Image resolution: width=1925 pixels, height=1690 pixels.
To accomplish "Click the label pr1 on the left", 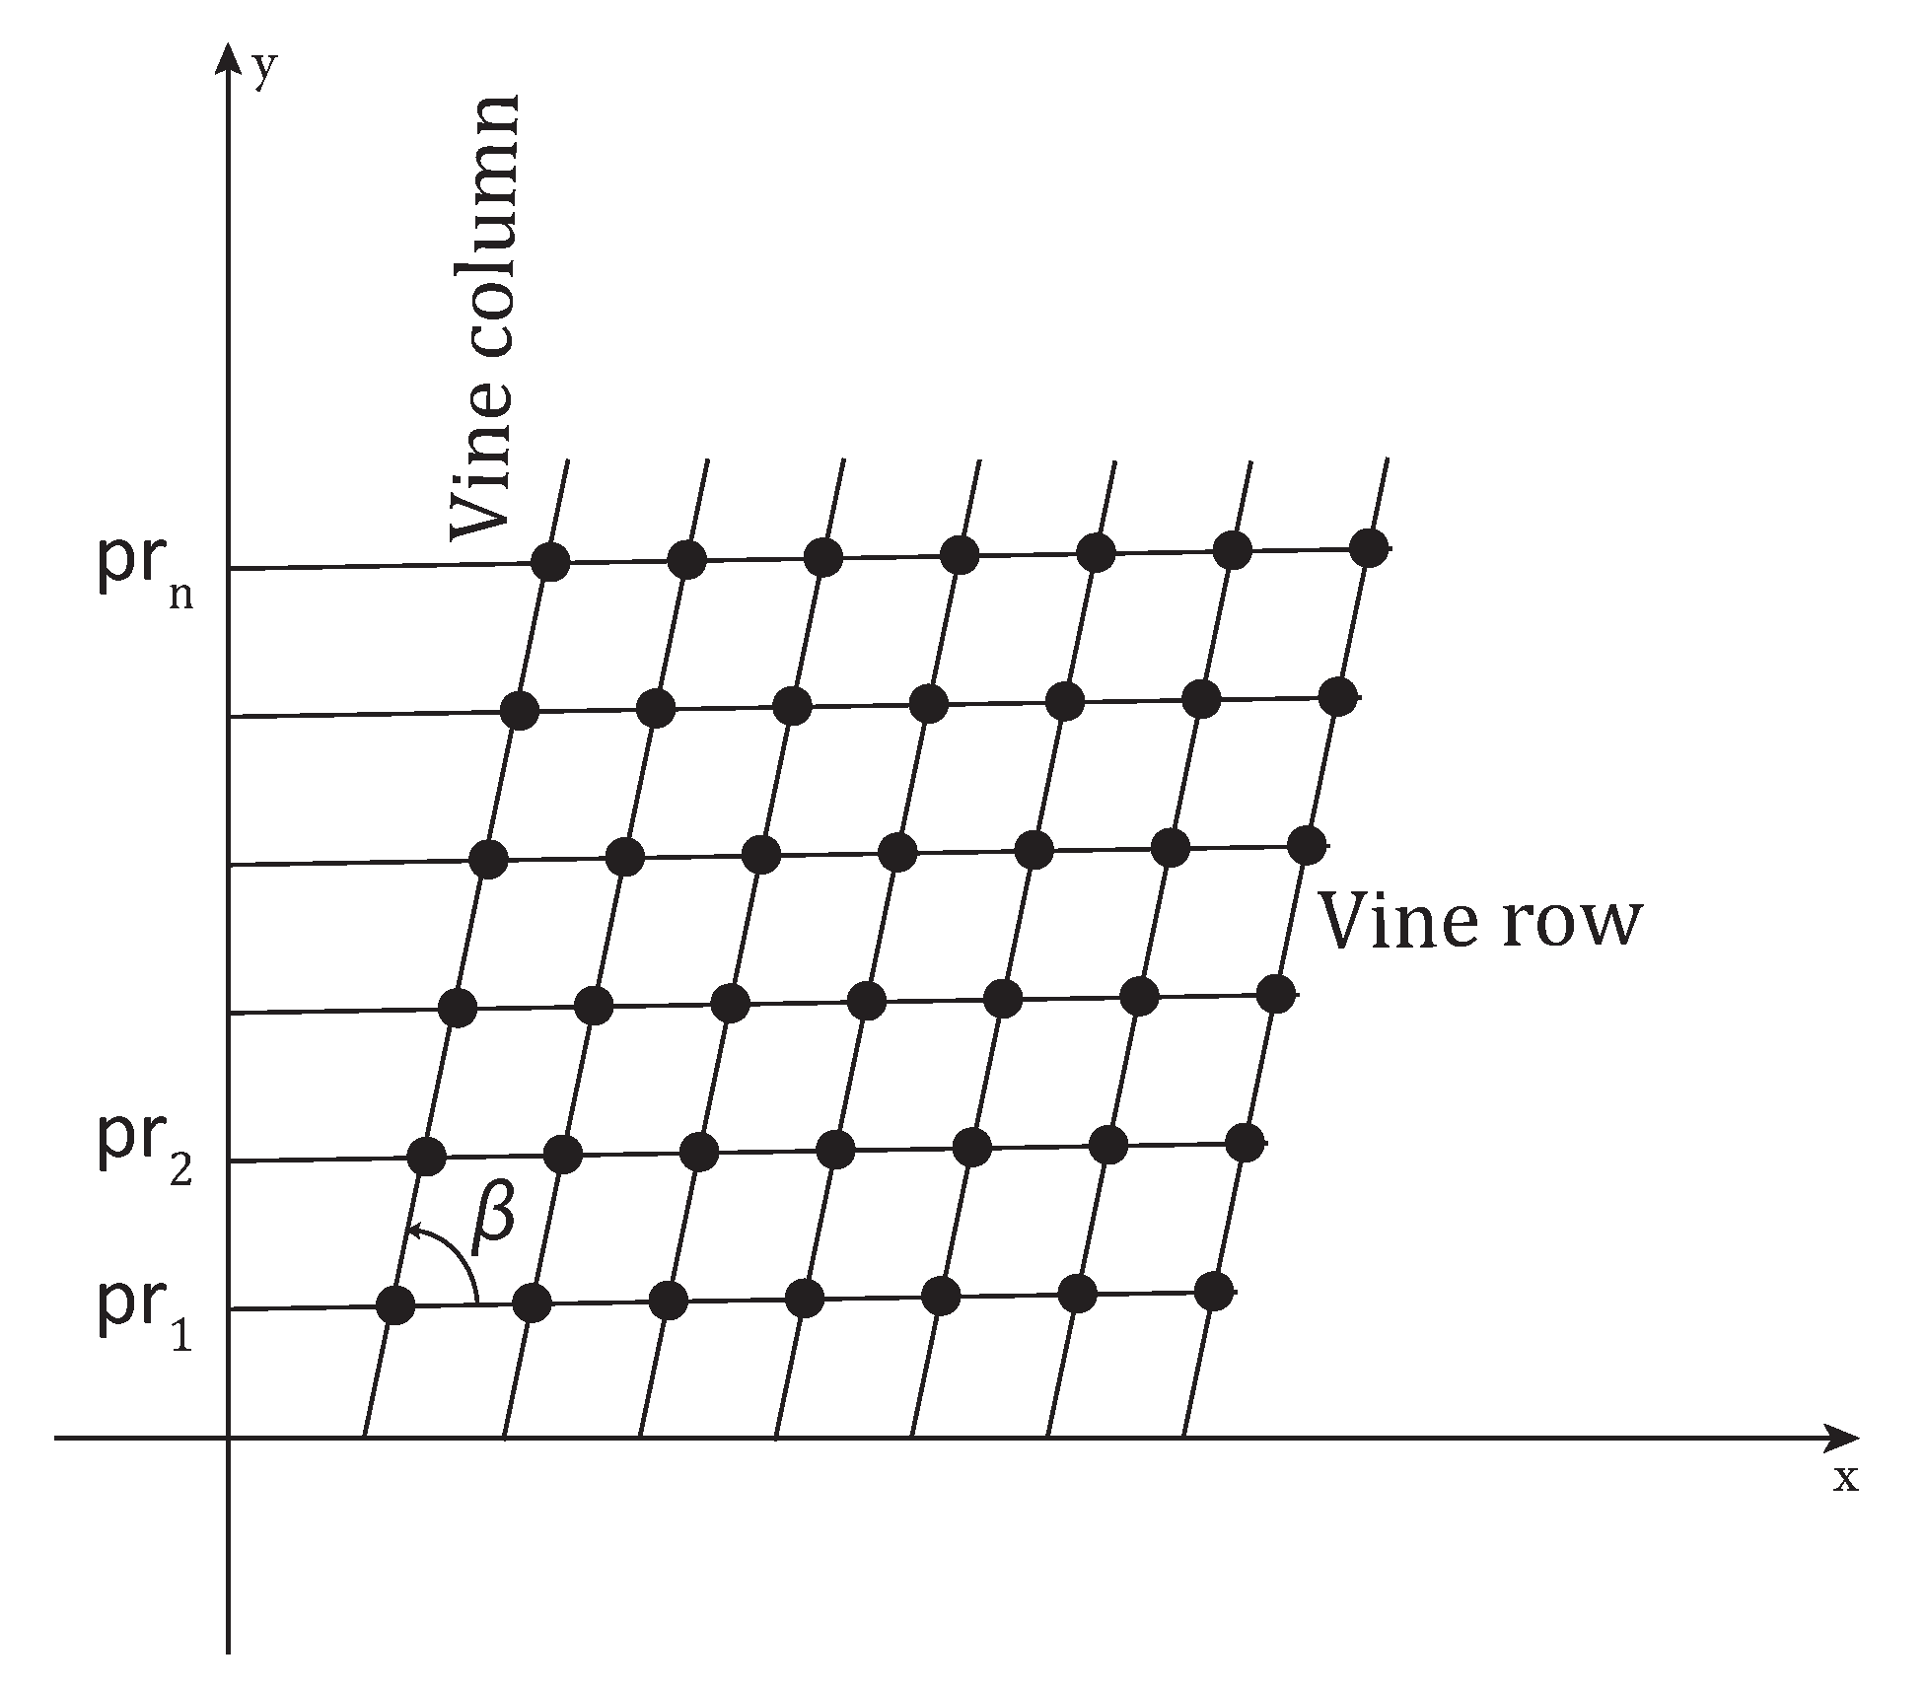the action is tap(144, 1311).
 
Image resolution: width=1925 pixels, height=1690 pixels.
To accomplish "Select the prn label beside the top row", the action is tap(144, 573).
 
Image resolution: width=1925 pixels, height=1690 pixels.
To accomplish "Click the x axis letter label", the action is tap(1845, 1478).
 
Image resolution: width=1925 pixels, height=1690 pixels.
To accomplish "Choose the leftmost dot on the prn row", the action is tap(550, 562).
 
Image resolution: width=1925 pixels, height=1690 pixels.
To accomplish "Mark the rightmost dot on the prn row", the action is tap(1368, 547).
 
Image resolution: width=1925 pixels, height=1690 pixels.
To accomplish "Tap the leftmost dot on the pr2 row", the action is tap(426, 1156).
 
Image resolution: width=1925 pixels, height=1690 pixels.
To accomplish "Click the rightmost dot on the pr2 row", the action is tap(1245, 1142).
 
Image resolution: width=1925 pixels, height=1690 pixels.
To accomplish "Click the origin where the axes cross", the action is tap(228, 1438).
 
